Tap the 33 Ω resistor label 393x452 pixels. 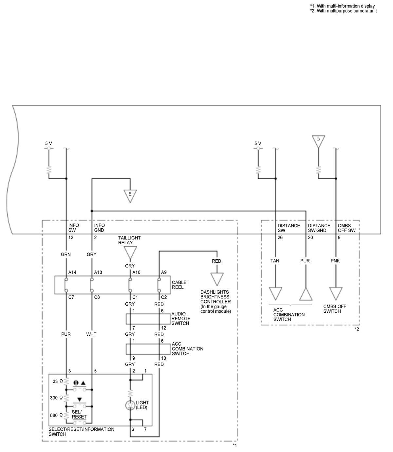click(x=58, y=381)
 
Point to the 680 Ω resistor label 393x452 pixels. click(x=56, y=415)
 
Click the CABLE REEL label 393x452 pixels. click(x=179, y=285)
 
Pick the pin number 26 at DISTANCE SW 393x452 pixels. click(x=280, y=237)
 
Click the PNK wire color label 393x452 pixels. click(x=335, y=261)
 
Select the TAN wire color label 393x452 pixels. click(x=275, y=261)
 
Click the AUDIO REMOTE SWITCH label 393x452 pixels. click(x=180, y=318)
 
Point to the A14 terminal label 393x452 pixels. click(x=72, y=273)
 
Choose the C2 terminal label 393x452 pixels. click(x=164, y=297)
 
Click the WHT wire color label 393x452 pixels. click(x=91, y=334)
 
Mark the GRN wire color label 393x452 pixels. click(x=66, y=254)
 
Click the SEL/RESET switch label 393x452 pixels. click(x=79, y=414)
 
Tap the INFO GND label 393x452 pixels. click(x=100, y=228)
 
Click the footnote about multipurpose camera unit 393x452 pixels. click(x=344, y=11)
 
